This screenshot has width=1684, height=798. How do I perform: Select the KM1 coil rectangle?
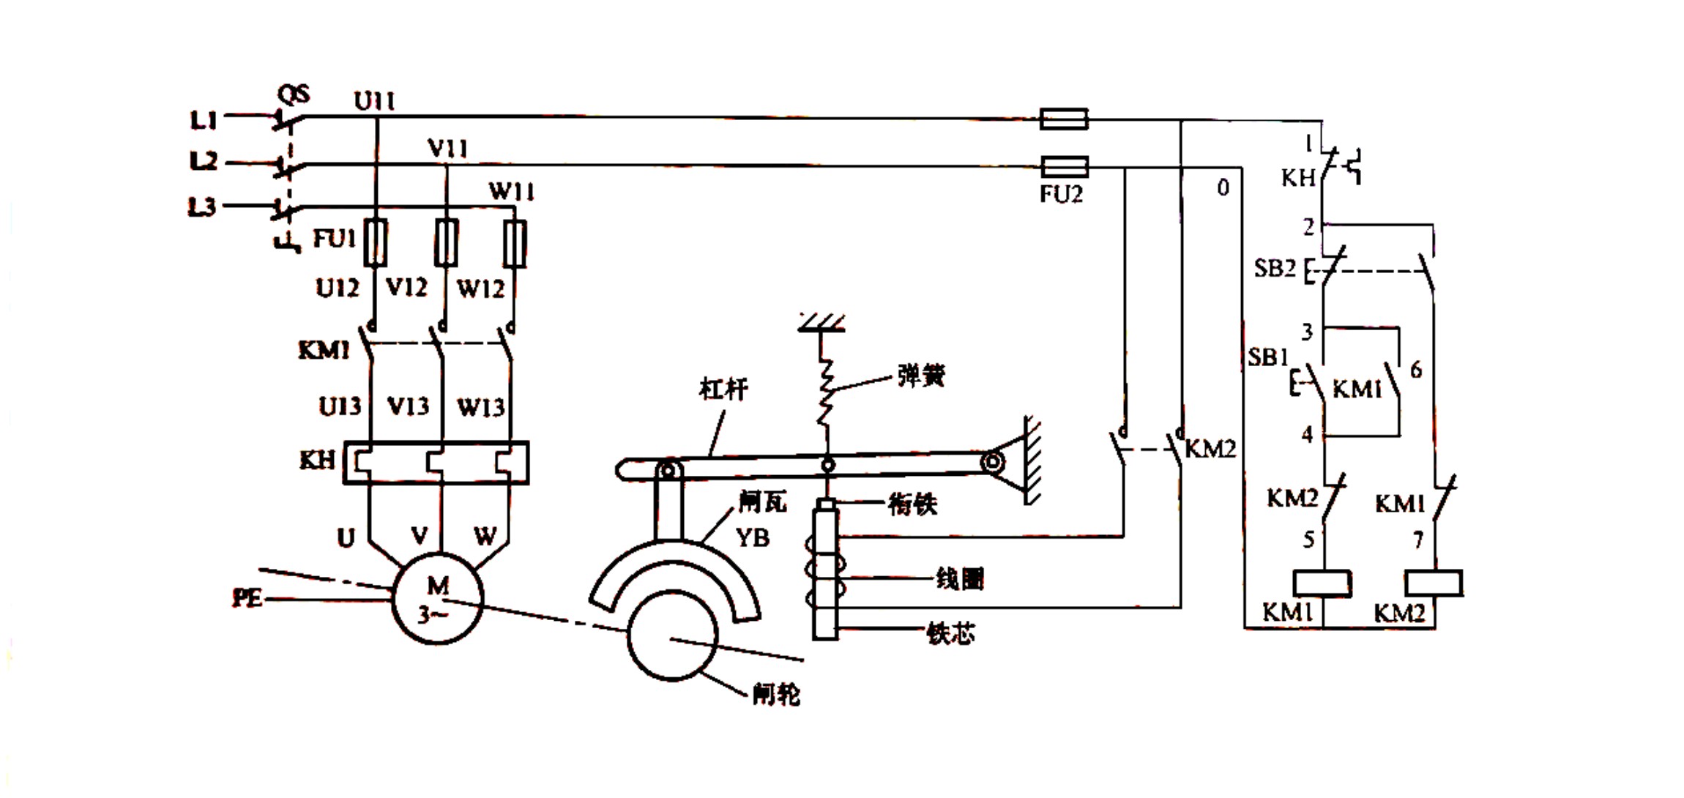coord(1322,583)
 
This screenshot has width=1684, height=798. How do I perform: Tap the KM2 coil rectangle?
coord(1434,583)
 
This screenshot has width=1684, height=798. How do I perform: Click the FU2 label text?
coord(1061,194)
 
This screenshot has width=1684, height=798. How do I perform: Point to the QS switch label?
coord(294,95)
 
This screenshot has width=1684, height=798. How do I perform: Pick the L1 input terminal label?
coord(204,119)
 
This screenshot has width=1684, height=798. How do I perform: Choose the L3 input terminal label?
coord(203,207)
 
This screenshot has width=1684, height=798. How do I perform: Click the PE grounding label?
coord(247,598)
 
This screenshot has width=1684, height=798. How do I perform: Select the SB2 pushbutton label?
coord(1275,268)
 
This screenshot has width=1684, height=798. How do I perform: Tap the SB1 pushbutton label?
coord(1268,357)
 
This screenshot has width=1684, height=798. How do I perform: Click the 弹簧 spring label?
coord(921,376)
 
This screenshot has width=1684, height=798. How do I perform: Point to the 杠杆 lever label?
coord(723,389)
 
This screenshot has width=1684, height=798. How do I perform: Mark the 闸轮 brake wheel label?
coord(776,693)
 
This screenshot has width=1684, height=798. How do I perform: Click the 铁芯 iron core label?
coord(950,633)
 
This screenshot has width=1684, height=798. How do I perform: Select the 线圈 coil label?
coord(959,579)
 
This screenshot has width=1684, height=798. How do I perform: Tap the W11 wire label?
coord(511,192)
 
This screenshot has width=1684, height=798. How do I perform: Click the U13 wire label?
coord(340,406)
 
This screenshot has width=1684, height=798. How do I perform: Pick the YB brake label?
coord(752,538)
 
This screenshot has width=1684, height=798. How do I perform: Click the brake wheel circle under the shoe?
coord(672,635)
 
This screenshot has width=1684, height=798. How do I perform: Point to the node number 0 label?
coord(1223,188)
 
